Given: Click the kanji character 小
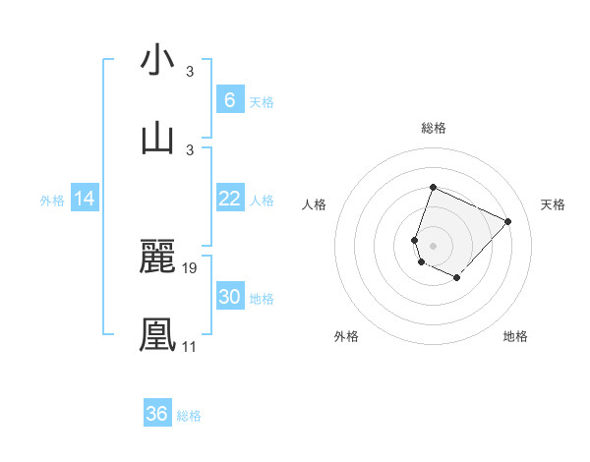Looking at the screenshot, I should (157, 60).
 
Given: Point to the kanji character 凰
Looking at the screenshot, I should (157, 333).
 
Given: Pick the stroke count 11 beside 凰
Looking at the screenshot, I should (190, 346).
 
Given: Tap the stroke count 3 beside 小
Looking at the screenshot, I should (190, 72).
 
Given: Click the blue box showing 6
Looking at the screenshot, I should (229, 100).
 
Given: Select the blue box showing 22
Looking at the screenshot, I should (229, 199).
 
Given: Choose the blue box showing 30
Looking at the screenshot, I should (229, 297).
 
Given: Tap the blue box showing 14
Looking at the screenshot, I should (85, 199).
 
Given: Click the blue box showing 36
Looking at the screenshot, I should (157, 414).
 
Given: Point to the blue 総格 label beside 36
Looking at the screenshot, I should (190, 416).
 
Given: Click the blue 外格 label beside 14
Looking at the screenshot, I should (52, 201).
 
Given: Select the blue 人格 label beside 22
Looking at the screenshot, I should (262, 201).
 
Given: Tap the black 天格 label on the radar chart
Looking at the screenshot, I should (553, 204).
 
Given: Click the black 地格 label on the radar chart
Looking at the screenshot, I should (515, 336).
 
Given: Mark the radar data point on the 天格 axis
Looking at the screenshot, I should (508, 221).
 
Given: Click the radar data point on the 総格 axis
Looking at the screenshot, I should (433, 187).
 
